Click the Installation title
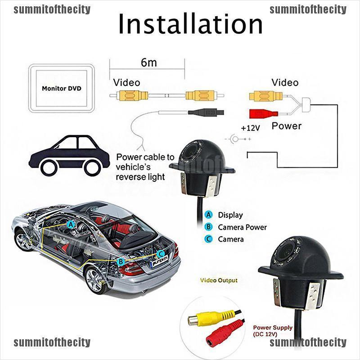click(190, 25)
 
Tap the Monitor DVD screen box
click(61, 88)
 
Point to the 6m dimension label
click(148, 63)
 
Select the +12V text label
click(251, 128)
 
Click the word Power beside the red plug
click(286, 126)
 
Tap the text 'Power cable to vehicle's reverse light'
click(144, 167)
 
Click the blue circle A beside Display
click(208, 215)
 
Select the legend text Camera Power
click(242, 227)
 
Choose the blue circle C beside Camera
click(208, 239)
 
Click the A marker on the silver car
click(71, 224)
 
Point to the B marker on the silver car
click(121, 261)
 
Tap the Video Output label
click(219, 280)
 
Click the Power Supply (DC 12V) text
click(273, 331)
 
